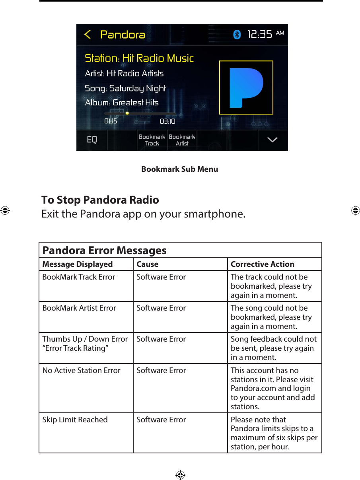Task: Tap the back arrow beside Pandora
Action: (88, 35)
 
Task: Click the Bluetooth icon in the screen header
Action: (237, 35)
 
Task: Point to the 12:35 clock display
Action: (260, 35)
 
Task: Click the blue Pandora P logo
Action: (246, 87)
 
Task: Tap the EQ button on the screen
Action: (92, 140)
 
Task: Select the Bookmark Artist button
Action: (182, 140)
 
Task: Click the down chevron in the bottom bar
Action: (272, 140)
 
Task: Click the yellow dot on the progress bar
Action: (127, 113)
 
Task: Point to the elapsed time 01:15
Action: (111, 121)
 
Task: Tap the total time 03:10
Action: (167, 121)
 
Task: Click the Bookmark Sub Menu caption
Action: (180, 169)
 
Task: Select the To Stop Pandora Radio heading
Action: (100, 200)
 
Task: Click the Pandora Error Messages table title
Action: (105, 251)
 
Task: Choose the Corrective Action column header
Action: (263, 264)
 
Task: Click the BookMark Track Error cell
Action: (79, 277)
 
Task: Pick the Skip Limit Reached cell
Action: (75, 420)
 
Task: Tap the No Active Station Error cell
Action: (82, 371)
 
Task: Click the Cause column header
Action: (148, 264)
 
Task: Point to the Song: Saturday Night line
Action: (125, 88)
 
